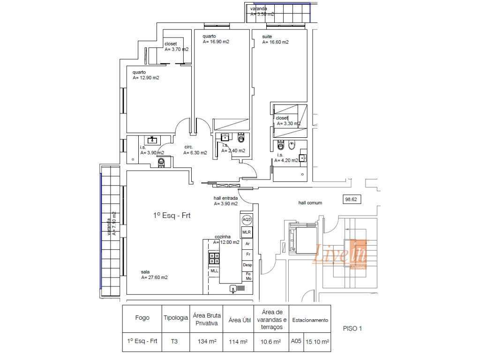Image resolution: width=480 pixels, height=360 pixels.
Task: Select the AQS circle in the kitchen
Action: click(247, 220)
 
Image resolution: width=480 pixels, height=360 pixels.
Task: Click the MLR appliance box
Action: click(247, 232)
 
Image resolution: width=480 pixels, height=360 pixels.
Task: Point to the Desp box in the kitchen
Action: click(247, 265)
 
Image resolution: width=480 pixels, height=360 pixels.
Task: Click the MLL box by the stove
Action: click(214, 270)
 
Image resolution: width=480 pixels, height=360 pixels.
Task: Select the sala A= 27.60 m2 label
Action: click(154, 275)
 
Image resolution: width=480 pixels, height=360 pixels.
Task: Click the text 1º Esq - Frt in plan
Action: click(172, 216)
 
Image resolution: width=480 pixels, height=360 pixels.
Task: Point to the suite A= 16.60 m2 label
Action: click(275, 39)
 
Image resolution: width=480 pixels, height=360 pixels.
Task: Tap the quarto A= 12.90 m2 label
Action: click(146, 75)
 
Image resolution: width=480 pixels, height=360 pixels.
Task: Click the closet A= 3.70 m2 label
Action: click(176, 46)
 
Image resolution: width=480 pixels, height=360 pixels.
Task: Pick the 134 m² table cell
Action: click(206, 342)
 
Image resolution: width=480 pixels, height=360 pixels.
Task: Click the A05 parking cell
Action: click(295, 342)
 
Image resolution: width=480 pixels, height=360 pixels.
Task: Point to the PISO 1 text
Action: click(352, 329)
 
